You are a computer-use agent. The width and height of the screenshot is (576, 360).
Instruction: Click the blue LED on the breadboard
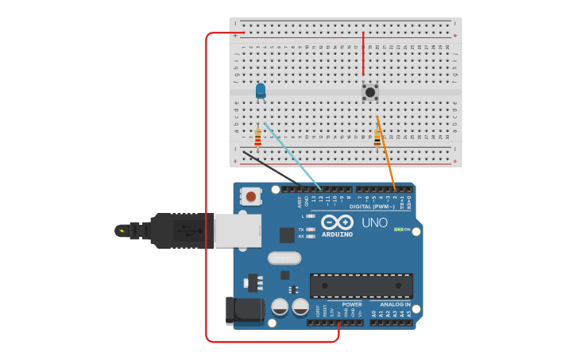261,91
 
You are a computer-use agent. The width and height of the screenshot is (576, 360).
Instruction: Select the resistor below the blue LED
257,138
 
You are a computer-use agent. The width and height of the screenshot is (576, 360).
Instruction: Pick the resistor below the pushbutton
377,138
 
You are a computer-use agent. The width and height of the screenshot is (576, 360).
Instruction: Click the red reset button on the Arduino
251,195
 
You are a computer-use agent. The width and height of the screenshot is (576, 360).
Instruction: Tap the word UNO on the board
374,223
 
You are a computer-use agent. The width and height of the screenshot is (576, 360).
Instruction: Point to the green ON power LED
397,230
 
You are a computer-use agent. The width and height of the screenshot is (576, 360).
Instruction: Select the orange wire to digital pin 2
386,155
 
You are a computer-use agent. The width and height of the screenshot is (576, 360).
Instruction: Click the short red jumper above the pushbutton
364,54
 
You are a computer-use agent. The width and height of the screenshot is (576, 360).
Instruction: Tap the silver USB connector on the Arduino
237,230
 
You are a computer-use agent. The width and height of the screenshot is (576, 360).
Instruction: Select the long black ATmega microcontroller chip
361,286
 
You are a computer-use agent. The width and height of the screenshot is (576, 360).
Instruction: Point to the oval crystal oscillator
284,257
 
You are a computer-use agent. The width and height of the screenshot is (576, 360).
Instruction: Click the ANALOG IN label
395,304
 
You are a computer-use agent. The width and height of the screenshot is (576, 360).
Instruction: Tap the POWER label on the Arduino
352,304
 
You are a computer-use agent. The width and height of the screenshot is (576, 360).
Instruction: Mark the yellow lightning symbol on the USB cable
121,231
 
